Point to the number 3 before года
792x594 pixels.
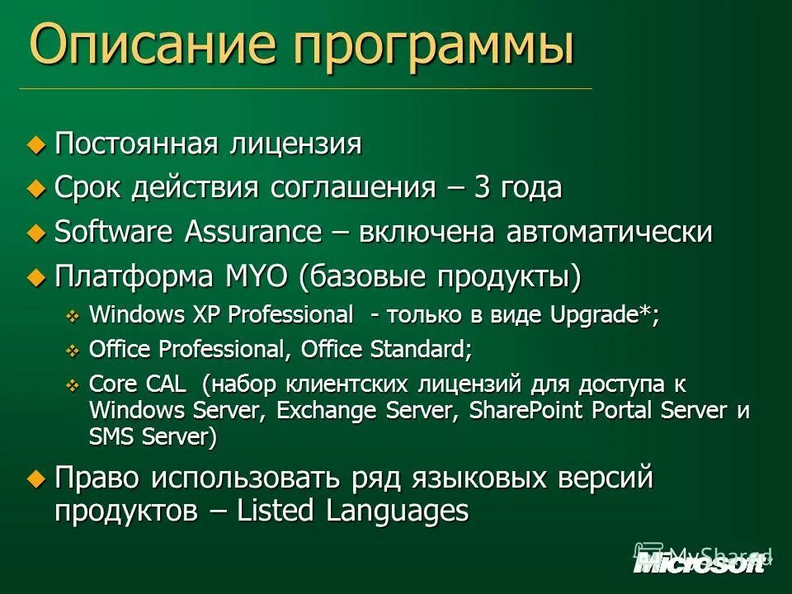coord(481,188)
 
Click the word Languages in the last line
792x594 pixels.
coord(398,511)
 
